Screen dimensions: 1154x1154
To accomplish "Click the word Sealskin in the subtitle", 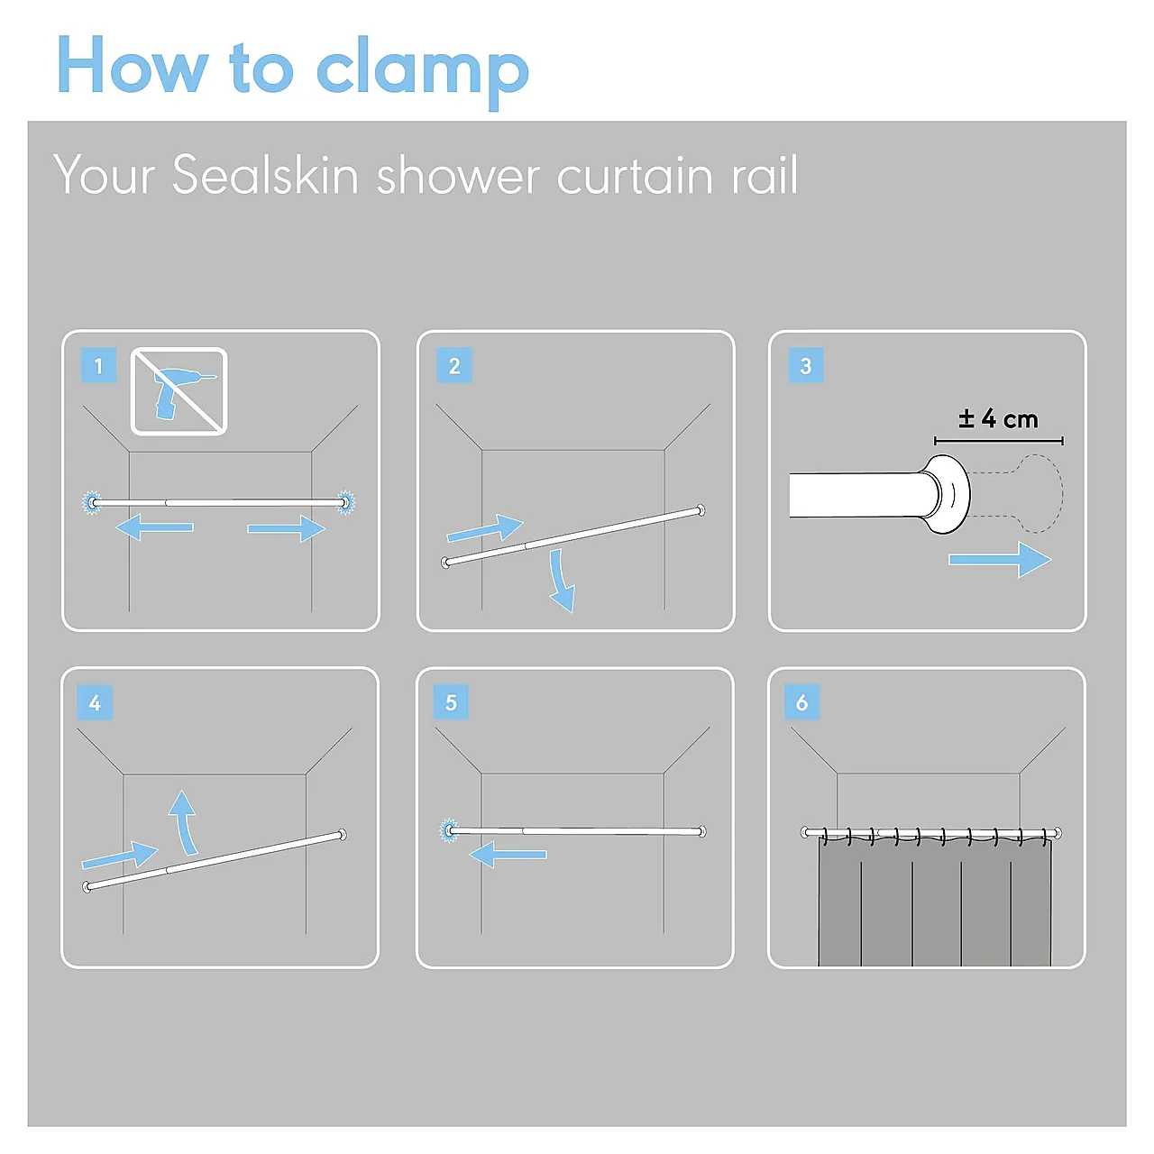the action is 265,174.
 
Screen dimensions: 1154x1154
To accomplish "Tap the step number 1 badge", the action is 98,365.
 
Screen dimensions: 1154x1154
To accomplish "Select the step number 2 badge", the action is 453,365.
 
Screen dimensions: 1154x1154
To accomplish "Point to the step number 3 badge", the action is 805,365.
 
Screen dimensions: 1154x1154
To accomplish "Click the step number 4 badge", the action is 95,701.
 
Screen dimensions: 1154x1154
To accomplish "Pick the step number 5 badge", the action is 451,701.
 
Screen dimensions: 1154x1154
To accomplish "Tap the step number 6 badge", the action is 801,701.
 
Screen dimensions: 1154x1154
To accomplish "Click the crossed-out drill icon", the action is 179,391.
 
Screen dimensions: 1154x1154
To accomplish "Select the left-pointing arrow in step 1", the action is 154,527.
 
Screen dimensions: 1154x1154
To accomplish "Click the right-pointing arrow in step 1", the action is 287,528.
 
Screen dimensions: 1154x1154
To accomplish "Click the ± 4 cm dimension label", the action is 998,418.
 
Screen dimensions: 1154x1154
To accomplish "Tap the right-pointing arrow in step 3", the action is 1000,560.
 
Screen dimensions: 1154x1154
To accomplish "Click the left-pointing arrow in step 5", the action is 508,854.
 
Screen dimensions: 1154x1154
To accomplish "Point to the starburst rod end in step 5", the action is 449,830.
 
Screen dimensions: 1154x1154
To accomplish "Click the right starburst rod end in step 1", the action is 346,502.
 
